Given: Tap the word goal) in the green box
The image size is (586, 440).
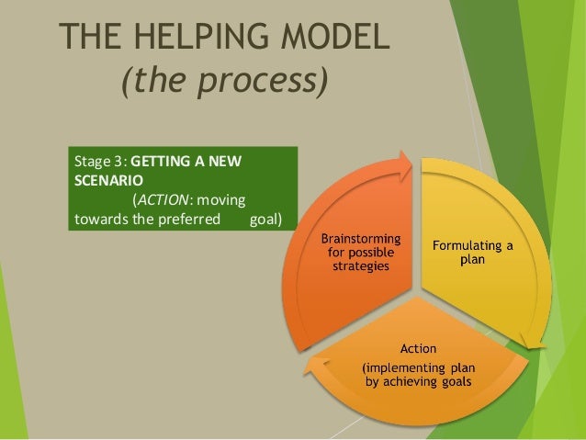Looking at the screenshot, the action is click(266, 219).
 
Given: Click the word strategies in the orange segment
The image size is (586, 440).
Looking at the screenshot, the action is click(360, 266).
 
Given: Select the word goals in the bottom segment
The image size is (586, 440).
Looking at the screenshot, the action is click(456, 381).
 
